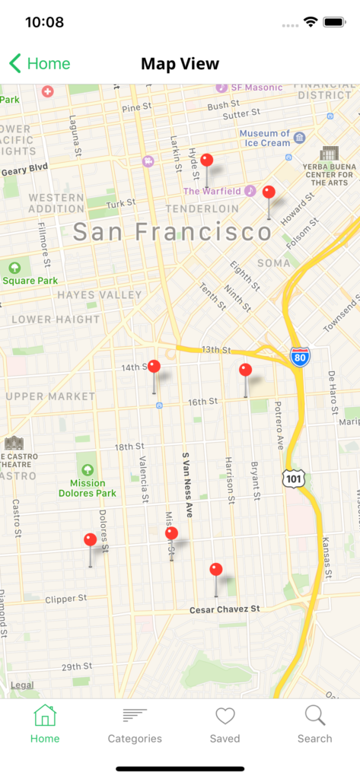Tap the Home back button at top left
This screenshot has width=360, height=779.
pos(40,64)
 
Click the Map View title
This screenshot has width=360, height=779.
pos(180,64)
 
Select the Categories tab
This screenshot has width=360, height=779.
pos(135,724)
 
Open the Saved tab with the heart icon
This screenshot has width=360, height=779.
pos(225,724)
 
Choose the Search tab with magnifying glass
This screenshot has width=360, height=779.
pos(314,724)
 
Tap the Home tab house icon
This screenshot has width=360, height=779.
pos(45,717)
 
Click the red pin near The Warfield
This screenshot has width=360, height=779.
pos(268,192)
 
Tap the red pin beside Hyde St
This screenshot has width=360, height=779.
pos(206,161)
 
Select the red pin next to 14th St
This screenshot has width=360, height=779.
pos(154,367)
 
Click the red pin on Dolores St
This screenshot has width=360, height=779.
pos(90,540)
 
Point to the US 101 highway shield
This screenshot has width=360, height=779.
pos(292,479)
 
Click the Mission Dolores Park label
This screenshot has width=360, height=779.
pos(88,488)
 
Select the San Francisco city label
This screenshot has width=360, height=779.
pos(172,232)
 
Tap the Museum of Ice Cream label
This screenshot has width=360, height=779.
pos(265,138)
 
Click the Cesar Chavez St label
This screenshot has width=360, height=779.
pos(225,609)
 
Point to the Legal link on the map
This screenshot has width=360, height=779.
pos(22,685)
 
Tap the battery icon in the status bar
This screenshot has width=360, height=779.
pos(334,22)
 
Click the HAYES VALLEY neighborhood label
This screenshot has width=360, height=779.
pos(99,294)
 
